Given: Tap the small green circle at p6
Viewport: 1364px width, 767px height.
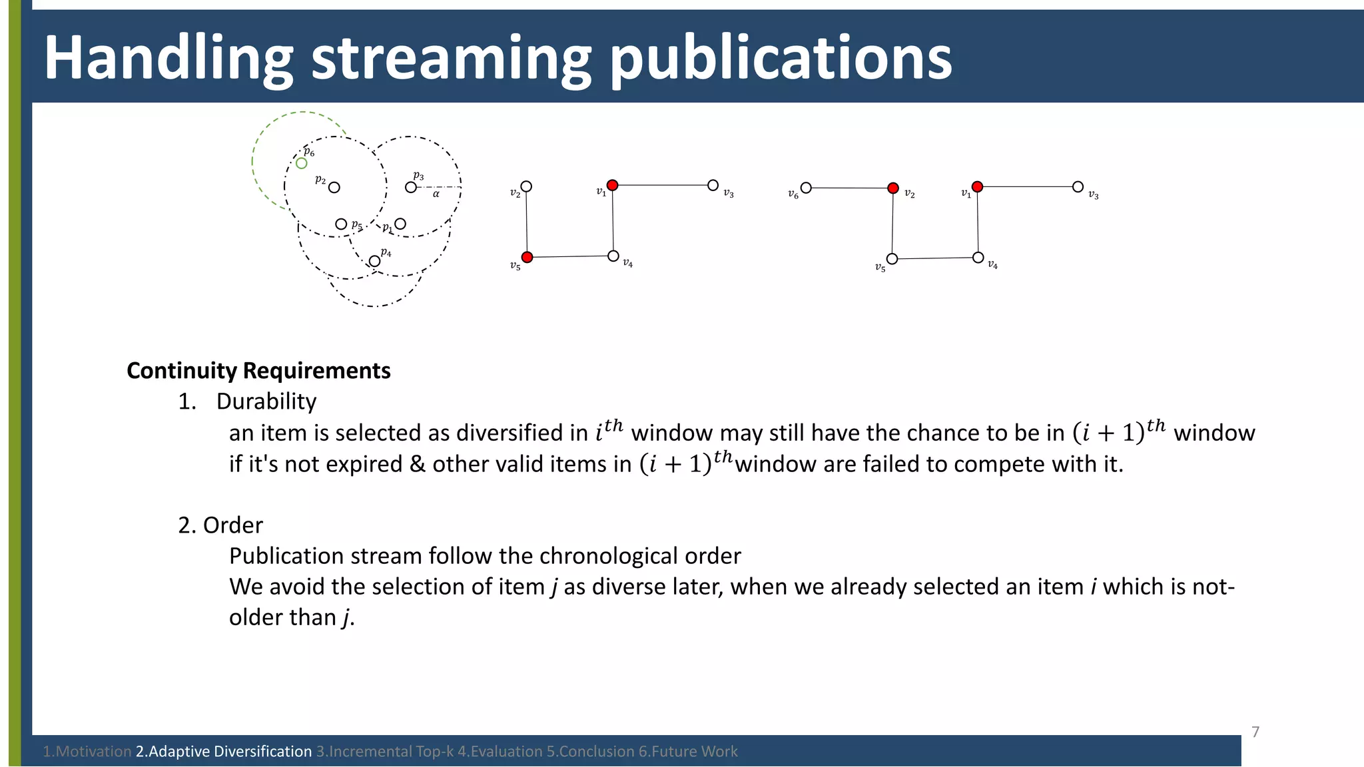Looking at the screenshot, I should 302,163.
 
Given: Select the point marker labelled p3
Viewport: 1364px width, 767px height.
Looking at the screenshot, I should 411,187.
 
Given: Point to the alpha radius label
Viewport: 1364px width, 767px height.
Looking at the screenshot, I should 436,194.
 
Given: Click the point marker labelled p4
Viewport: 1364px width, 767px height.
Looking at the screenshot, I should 375,261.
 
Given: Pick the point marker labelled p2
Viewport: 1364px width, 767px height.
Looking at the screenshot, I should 334,188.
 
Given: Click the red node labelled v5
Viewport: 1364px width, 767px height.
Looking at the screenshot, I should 527,257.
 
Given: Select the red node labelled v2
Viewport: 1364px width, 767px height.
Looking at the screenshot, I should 893,188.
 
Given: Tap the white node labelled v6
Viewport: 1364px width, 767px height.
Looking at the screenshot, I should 806,188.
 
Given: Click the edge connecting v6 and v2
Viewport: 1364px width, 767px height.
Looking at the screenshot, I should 849,188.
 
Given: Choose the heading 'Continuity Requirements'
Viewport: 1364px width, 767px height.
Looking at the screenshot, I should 258,371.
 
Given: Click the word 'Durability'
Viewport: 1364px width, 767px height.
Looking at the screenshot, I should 266,401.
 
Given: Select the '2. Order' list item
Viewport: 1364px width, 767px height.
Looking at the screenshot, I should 220,525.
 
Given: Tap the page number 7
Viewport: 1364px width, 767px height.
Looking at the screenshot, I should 1255,732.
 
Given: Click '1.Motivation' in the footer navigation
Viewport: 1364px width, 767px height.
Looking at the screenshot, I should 87,752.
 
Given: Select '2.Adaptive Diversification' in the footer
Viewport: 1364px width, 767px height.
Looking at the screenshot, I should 224,752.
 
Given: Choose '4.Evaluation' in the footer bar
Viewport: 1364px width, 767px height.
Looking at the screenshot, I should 500,752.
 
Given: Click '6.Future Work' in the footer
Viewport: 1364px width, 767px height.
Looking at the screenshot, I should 688,752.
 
